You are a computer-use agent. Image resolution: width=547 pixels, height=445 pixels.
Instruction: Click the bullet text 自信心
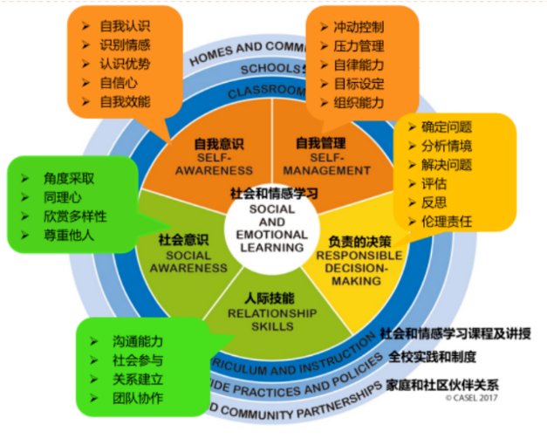(119, 83)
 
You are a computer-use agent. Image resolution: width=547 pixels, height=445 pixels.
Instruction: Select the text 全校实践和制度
(433, 357)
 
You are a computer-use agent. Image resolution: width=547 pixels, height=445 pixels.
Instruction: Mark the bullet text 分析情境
(447, 146)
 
